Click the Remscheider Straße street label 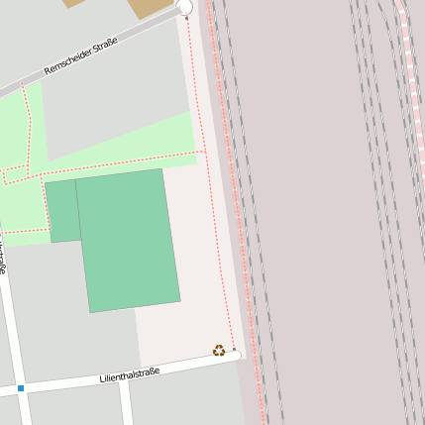coord(80,56)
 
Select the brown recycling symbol coord(219,350)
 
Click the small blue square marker coord(20,388)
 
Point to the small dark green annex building coord(61,211)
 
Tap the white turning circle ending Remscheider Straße coord(184,8)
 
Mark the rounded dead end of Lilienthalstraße coord(236,356)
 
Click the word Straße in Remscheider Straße coord(104,45)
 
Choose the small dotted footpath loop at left coord(16,176)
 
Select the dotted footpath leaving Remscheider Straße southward coord(28,119)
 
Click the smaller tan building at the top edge coord(73,3)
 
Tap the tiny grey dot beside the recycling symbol coord(234,350)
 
